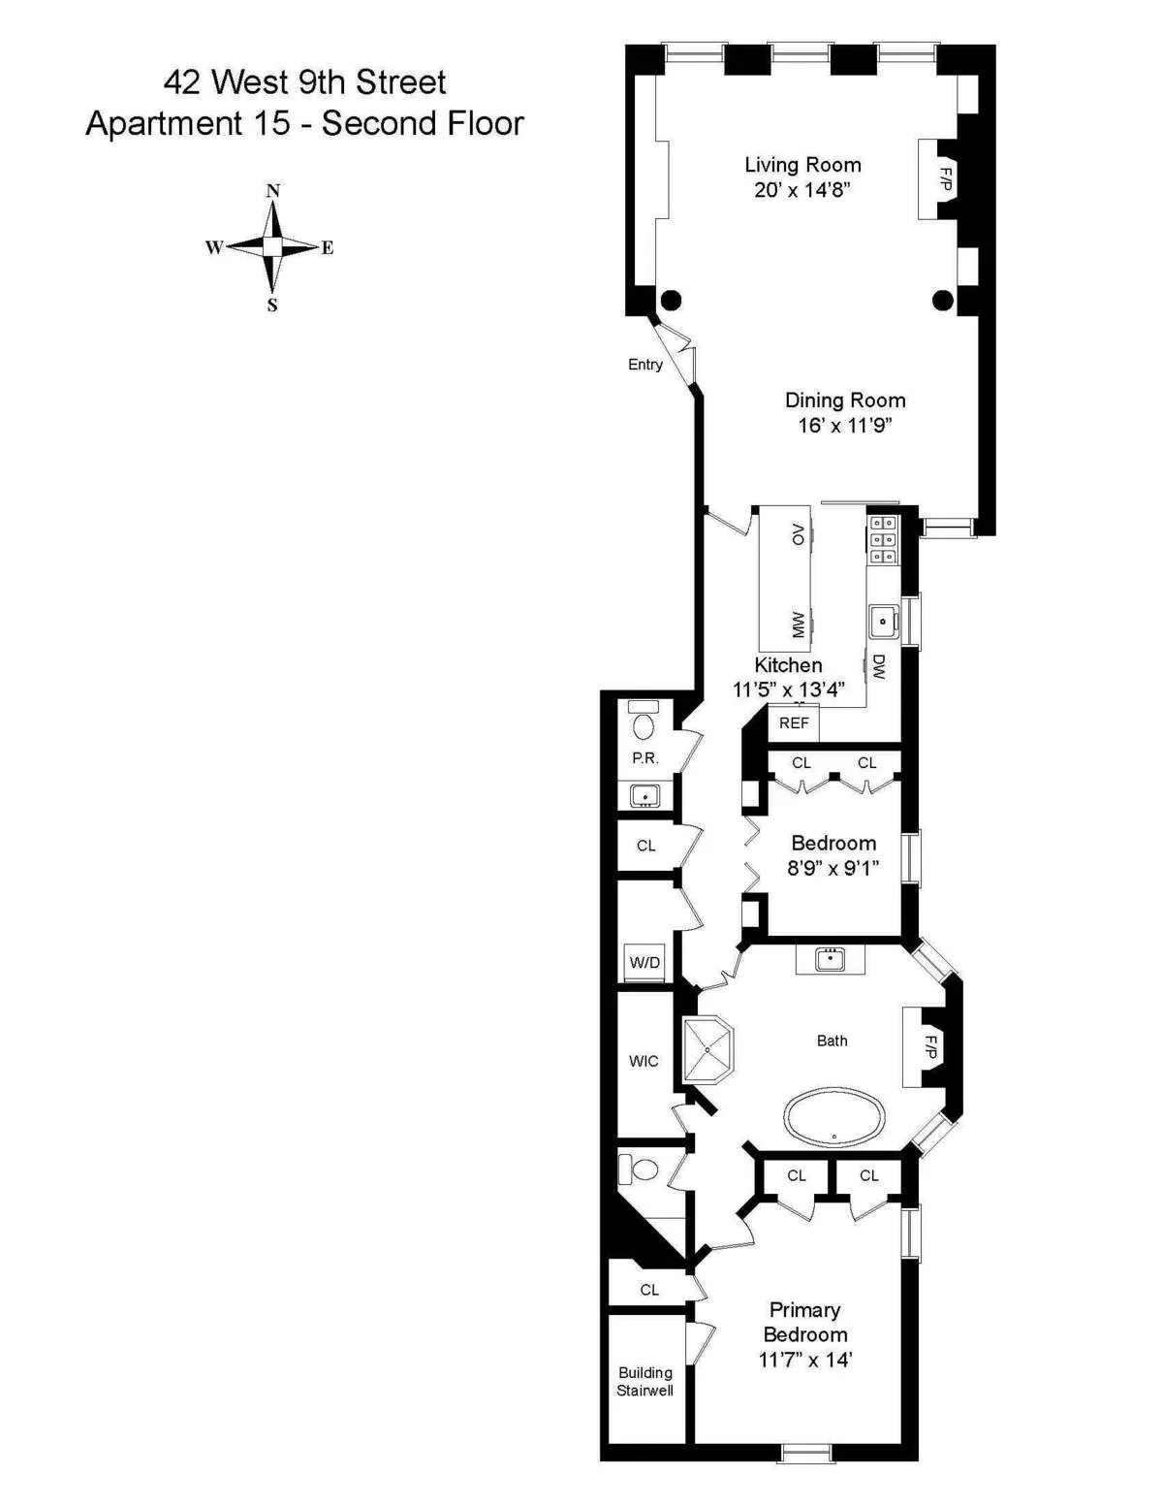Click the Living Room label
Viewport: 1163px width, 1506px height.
(x=802, y=165)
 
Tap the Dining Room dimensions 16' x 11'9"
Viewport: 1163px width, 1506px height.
(x=844, y=426)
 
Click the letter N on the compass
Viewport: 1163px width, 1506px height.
(x=273, y=191)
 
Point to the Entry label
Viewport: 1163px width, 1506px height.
(x=645, y=365)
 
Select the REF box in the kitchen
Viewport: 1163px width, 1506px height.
(x=794, y=723)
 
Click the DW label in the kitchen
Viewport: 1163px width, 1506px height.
(x=878, y=666)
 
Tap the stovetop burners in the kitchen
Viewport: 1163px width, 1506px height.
(x=884, y=539)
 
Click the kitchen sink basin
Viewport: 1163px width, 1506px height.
(x=883, y=622)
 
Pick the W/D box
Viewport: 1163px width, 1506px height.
(x=644, y=963)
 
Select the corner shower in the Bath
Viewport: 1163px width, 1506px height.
(x=707, y=1049)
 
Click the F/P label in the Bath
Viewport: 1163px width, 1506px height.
(x=930, y=1047)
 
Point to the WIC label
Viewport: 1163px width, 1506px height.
(x=644, y=1062)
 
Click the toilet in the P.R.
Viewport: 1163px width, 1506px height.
(x=644, y=725)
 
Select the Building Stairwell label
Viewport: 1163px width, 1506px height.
(x=644, y=1382)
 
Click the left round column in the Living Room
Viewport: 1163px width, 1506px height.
(x=671, y=300)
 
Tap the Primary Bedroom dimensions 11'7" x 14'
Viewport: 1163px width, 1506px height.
(x=804, y=1361)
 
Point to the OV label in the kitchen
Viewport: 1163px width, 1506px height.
(x=798, y=534)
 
